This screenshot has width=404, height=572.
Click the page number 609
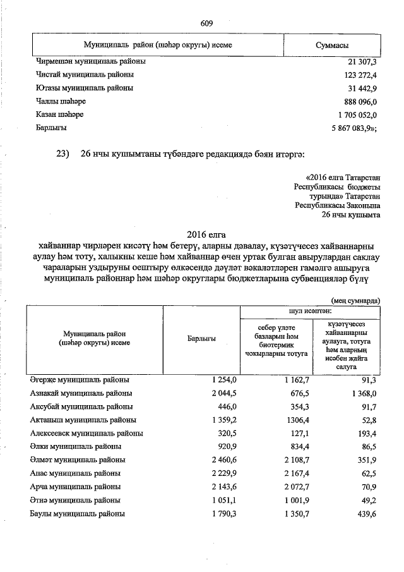(206, 23)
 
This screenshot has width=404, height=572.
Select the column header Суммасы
(332, 46)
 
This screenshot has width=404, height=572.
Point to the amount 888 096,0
(357, 102)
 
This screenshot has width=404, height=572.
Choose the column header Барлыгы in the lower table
(202, 339)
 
